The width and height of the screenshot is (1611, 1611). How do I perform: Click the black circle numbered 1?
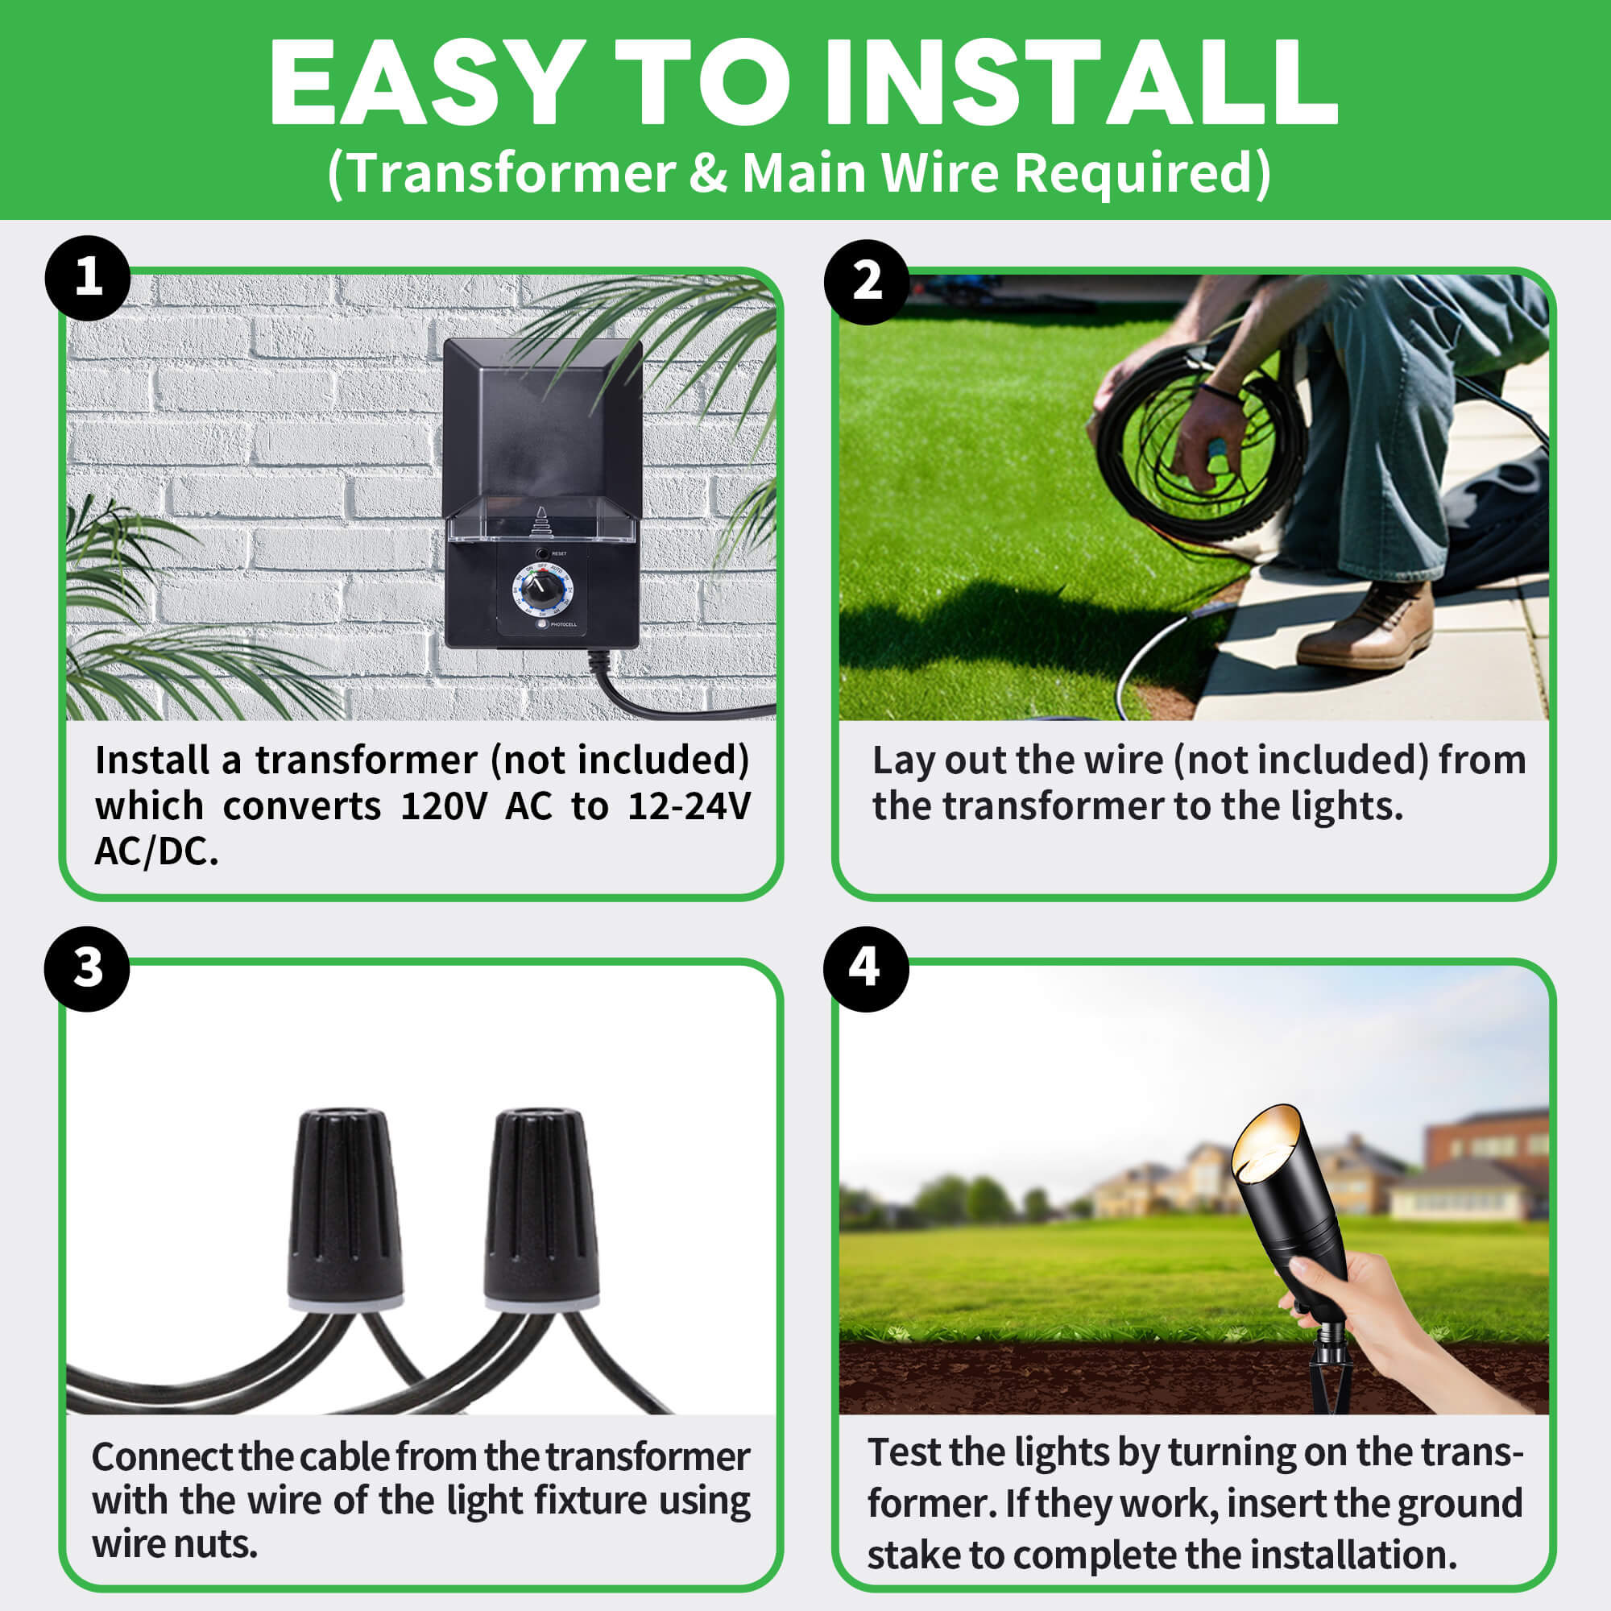coord(88,278)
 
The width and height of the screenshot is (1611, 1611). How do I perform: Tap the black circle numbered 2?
coord(867,282)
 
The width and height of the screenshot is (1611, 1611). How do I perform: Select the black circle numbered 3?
coord(88,969)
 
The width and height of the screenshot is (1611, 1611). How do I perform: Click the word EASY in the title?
coord(427,84)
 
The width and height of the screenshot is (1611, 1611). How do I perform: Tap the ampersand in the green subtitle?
coord(708,173)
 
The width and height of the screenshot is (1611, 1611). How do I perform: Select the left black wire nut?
coord(345,1208)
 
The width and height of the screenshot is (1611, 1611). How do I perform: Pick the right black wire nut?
coord(541,1208)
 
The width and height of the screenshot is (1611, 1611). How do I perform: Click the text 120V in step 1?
coord(443,806)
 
